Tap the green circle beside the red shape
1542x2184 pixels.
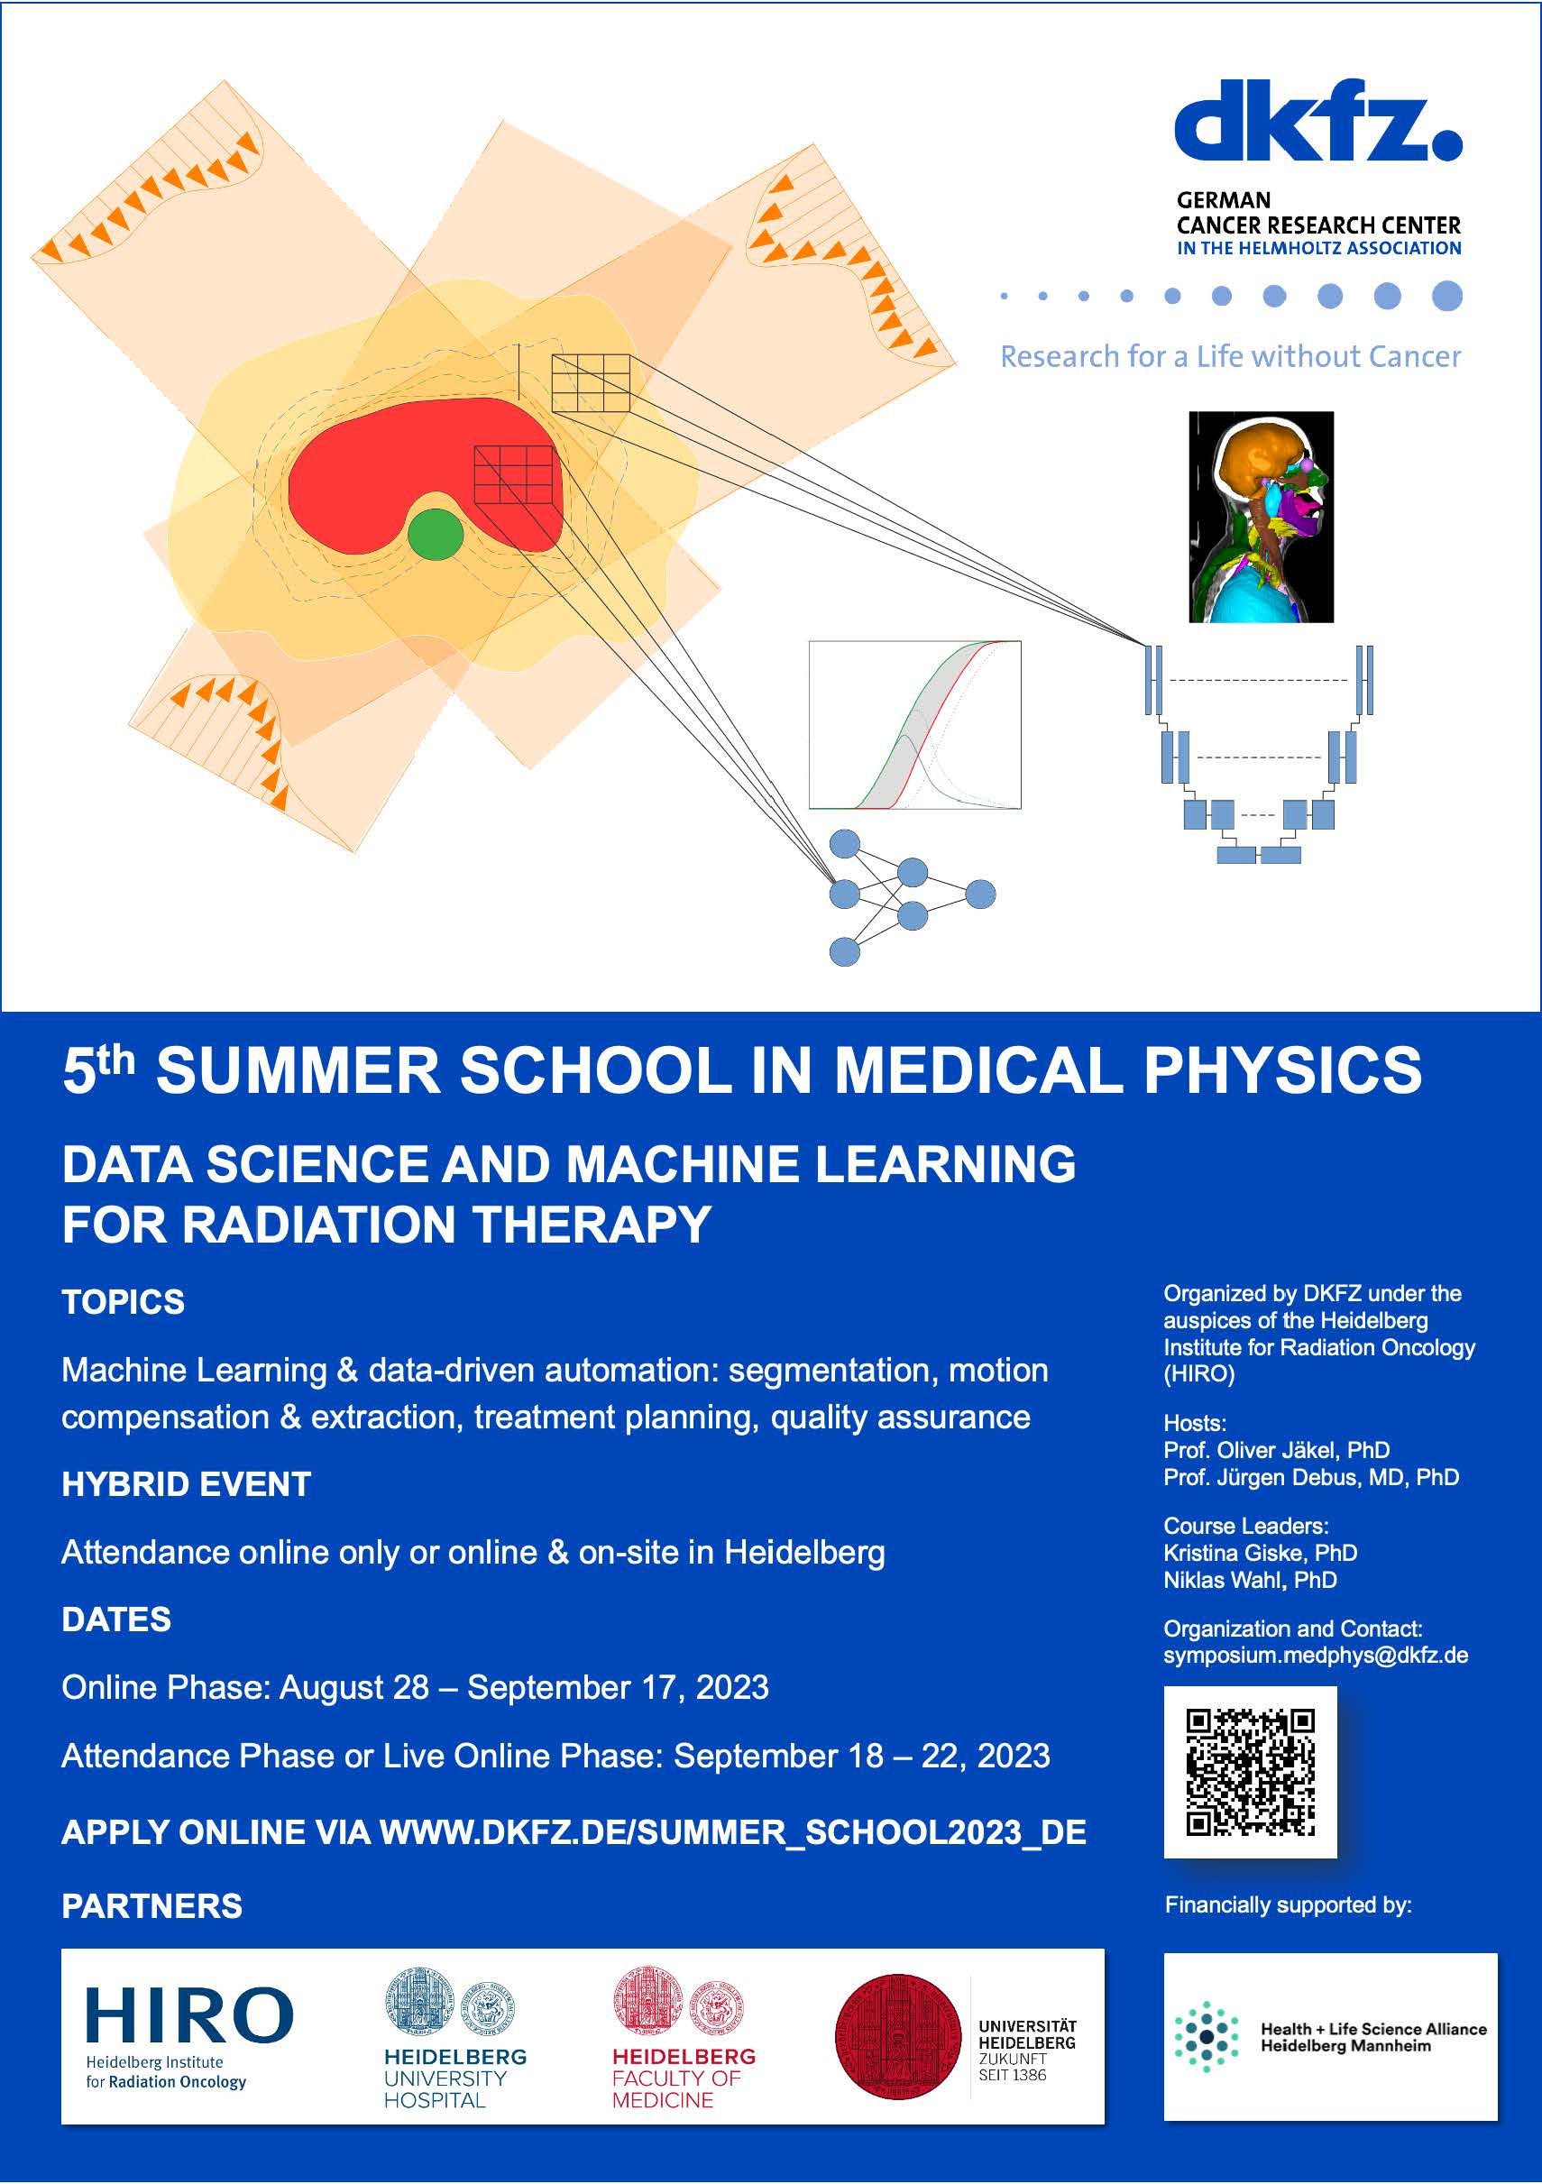click(x=436, y=536)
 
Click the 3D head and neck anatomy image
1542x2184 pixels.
click(x=1262, y=518)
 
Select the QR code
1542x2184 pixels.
click(x=1250, y=1772)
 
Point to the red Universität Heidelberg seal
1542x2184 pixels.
click(x=897, y=2035)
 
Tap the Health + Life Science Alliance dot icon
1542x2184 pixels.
click(x=1207, y=2035)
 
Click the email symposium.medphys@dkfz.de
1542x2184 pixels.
click(x=1316, y=1656)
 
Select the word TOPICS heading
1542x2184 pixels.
click(x=124, y=1302)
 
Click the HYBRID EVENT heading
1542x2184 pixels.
click(x=187, y=1484)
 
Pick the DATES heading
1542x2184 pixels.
click(x=116, y=1619)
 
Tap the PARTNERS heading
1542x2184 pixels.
click(x=152, y=1906)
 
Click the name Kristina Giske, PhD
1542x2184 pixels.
click(x=1261, y=1554)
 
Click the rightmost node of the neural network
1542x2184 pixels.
click(x=980, y=895)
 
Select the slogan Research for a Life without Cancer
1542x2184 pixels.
click(x=1230, y=357)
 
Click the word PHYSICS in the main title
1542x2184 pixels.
click(x=1282, y=1070)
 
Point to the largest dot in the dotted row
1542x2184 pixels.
click(x=1447, y=296)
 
